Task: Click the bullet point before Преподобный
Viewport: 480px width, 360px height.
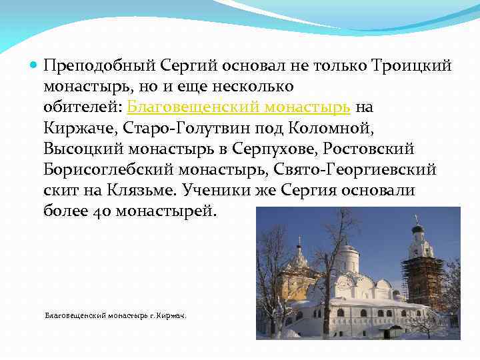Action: click(x=34, y=65)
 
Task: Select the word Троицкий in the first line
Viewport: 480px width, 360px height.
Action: click(x=412, y=65)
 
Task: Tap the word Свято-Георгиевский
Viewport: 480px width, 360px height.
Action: click(x=361, y=169)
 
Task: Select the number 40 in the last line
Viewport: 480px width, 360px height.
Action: click(x=102, y=211)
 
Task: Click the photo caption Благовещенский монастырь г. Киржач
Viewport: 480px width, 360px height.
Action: click(x=115, y=315)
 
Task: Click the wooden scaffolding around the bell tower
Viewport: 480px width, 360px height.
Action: click(x=422, y=280)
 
